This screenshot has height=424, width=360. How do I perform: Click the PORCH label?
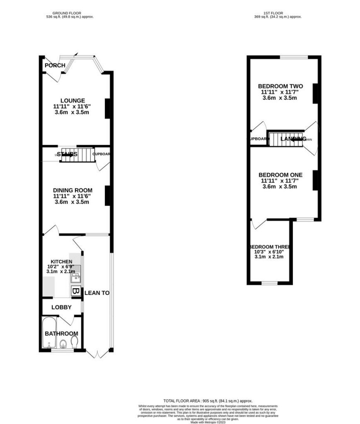coord(55,65)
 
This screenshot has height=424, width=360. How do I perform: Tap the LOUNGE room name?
coord(72,101)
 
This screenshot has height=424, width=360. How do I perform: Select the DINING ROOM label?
coord(72,190)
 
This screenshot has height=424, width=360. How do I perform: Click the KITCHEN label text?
coord(61,262)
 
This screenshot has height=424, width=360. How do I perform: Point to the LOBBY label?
coord(61,307)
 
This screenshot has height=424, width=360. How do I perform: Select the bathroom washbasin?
coord(63,344)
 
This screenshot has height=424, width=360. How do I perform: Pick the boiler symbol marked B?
coord(75,291)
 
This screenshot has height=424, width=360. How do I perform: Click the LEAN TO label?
coord(97,293)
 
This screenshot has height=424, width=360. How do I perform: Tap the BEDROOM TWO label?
coord(280,86)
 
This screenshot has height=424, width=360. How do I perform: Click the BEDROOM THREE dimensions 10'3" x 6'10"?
coord(269,251)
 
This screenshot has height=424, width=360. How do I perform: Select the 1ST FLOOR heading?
coord(278,13)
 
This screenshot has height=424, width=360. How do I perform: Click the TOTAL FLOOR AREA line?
coord(208,401)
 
